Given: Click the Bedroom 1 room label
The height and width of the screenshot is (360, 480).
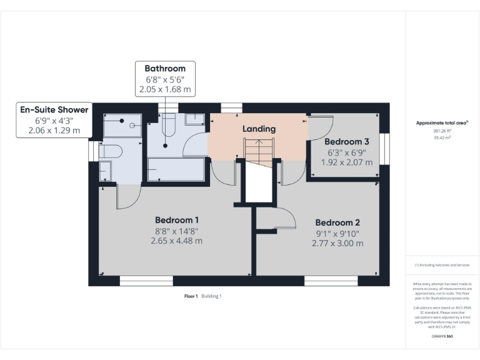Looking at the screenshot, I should coord(177,220).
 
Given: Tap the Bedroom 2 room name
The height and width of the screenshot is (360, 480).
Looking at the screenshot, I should coord(337,222).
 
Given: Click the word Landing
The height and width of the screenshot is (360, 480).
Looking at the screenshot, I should coord(259,129).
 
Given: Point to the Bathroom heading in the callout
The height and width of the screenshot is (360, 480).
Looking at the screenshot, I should coord(165,68).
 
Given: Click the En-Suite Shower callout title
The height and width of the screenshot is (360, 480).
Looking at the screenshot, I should coord(54,109).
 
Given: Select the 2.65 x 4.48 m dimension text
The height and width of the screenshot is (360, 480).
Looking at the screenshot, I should coord(177,241).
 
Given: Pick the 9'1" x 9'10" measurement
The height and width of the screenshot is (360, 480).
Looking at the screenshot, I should coord(337,233).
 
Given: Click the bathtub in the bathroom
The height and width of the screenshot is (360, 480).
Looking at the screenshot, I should coord(176,169).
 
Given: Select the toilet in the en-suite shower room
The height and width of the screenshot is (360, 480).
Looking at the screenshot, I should coord(111,152).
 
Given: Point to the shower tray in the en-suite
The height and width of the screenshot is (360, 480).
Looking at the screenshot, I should coord(122,128).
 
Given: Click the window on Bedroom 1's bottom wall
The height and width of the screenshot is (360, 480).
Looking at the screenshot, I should coord(146,282).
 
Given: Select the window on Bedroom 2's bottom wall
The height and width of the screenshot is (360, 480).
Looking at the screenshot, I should coord(331,282).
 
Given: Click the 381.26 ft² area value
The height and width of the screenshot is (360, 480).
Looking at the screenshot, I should coord(442,131).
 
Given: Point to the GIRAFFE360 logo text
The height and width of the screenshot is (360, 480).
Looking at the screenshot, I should coord(442,337).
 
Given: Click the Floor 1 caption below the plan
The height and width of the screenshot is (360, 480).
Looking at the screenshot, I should coord(191,296).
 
